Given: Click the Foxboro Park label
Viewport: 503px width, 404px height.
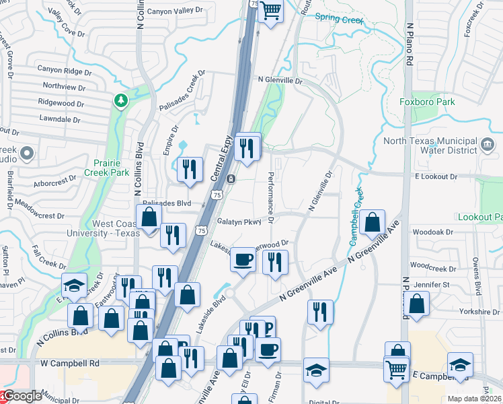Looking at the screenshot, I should pyautogui.click(x=427, y=102).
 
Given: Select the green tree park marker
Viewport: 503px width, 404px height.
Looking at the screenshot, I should pyautogui.click(x=121, y=101).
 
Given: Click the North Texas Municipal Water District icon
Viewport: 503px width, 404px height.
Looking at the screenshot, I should pyautogui.click(x=488, y=143).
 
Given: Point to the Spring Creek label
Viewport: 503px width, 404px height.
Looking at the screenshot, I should pyautogui.click(x=339, y=20).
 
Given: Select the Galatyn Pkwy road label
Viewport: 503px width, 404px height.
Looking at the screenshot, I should pyautogui.click(x=238, y=222).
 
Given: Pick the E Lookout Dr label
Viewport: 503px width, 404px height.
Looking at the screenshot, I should pyautogui.click(x=436, y=176).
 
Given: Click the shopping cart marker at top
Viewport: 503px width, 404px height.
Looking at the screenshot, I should pyautogui.click(x=271, y=11).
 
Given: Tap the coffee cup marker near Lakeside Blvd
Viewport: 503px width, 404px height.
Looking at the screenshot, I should pyautogui.click(x=243, y=259).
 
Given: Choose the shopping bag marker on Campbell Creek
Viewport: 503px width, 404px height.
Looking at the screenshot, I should pyautogui.click(x=372, y=222).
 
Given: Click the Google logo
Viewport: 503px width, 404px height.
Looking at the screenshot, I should pyautogui.click(x=22, y=396).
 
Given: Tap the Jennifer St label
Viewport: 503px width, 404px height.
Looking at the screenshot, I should pyautogui.click(x=431, y=285).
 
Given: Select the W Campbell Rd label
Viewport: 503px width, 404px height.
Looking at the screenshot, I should pyautogui.click(x=70, y=363).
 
